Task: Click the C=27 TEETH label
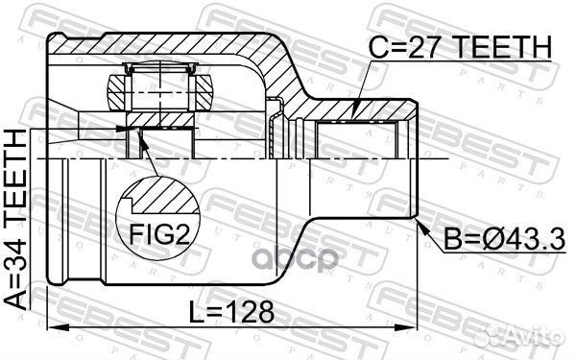(x=460, y=47)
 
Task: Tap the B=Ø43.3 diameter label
(x=504, y=239)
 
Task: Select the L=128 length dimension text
(x=231, y=312)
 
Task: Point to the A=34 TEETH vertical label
(x=15, y=220)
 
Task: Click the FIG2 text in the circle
(x=159, y=234)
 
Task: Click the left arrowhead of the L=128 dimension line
(x=59, y=326)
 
